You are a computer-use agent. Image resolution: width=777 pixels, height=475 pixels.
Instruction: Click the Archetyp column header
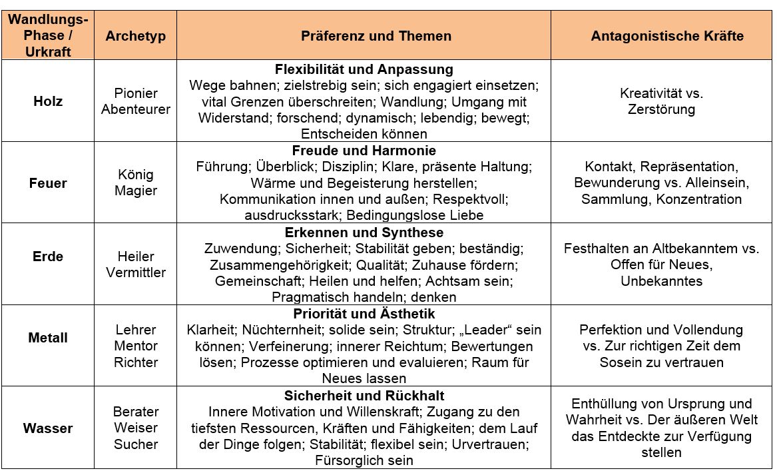point(135,36)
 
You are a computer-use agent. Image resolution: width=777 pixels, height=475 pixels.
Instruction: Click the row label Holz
point(48,101)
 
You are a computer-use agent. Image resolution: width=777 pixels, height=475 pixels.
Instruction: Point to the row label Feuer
point(48,183)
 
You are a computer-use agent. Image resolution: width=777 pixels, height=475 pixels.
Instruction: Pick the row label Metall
point(48,338)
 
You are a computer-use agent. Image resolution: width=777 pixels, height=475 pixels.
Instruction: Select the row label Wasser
point(48,428)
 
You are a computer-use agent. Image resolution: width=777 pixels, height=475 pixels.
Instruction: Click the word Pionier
point(136,93)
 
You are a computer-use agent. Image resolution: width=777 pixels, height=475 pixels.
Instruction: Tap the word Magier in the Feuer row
point(136,191)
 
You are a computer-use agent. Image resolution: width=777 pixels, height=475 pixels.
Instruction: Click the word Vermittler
point(136,272)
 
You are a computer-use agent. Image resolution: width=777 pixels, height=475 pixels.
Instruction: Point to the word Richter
point(136,362)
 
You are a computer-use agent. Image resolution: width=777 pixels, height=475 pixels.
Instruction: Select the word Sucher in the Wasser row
point(136,444)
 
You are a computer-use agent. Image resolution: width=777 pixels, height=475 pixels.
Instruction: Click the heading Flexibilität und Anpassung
point(364,69)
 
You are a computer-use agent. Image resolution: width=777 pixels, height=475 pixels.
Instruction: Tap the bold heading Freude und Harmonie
point(364,151)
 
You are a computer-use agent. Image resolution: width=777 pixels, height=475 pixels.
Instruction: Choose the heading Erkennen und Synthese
point(364,233)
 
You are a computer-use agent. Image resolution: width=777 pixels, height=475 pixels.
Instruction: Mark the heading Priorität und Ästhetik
point(364,313)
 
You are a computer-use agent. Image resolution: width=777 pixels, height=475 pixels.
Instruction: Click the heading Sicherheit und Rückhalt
point(364,396)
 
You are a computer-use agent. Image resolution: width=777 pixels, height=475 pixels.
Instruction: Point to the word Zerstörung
point(661,109)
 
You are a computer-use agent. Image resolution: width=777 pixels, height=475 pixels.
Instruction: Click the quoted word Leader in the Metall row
point(491,330)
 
